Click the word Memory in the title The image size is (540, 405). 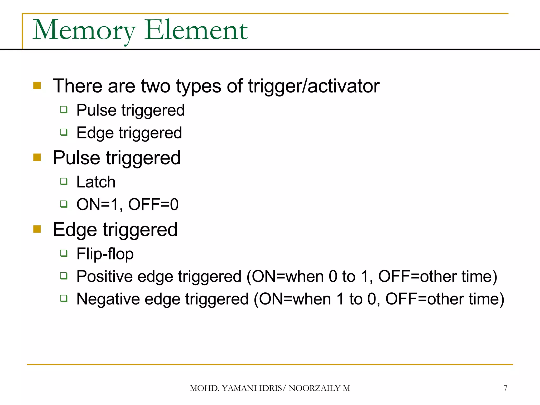[x=84, y=31]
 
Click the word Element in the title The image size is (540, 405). [x=196, y=31]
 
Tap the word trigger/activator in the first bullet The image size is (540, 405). [x=314, y=86]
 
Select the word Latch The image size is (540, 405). [x=96, y=182]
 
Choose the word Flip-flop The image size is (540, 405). [x=105, y=254]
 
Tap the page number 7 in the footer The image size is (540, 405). [x=505, y=388]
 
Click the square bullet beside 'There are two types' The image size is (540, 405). [x=37, y=86]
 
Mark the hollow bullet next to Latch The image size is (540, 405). [x=64, y=181]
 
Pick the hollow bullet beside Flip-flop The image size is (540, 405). [x=64, y=253]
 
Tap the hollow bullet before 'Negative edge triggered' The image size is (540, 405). [x=64, y=298]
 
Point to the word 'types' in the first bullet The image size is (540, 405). [x=199, y=87]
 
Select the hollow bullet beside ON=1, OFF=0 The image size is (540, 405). [x=64, y=204]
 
